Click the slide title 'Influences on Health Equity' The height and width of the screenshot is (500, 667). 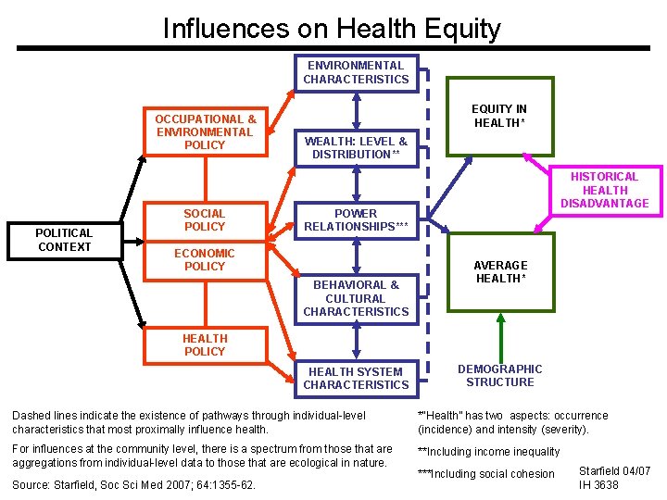click(332, 28)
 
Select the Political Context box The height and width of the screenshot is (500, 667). click(65, 240)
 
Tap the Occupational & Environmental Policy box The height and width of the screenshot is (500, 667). click(205, 131)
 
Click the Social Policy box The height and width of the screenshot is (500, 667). click(205, 220)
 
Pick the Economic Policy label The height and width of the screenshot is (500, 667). click(205, 259)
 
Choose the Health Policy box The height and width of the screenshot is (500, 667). click(205, 345)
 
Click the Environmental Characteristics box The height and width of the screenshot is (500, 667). click(356, 73)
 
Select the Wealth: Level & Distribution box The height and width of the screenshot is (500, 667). click(356, 147)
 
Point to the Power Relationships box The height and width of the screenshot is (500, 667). click(356, 220)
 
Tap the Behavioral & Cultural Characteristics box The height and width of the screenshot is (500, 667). click(356, 298)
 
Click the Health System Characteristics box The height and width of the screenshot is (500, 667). click(356, 378)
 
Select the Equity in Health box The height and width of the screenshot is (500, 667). click(500, 116)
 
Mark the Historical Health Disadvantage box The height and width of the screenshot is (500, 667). click(604, 190)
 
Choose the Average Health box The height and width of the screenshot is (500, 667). click(500, 273)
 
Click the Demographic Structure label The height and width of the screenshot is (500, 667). click(500, 376)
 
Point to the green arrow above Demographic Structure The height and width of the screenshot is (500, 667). click(500, 333)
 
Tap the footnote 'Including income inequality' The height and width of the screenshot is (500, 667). click(489, 452)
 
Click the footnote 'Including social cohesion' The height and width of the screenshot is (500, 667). click(486, 474)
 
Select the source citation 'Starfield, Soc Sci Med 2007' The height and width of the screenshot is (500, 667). click(134, 484)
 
